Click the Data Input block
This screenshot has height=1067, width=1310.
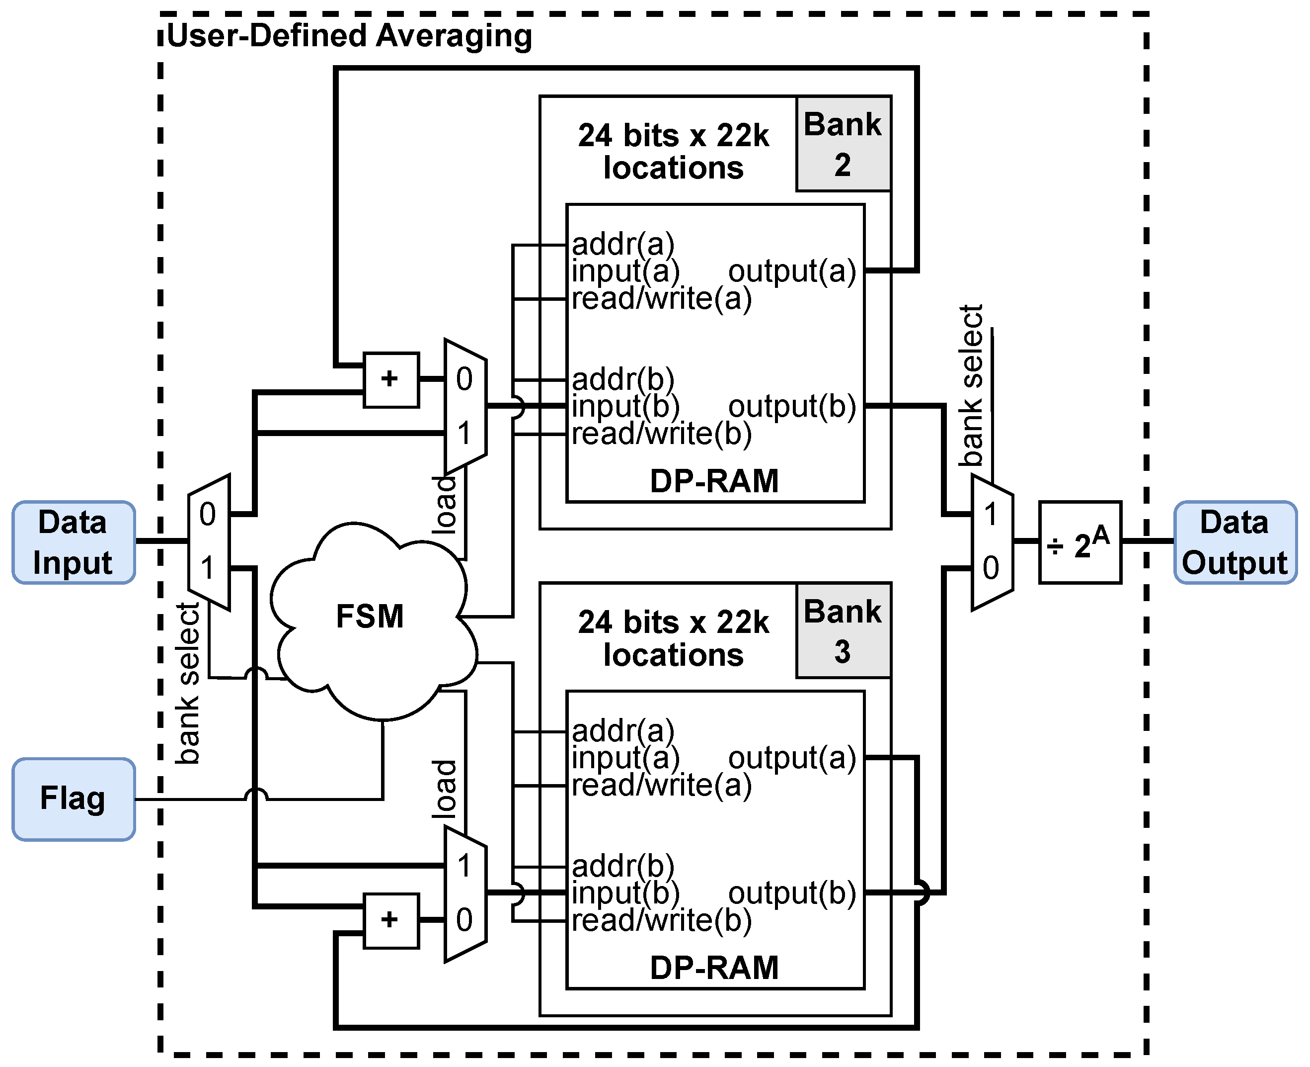[73, 542]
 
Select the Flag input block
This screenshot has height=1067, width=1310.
[73, 799]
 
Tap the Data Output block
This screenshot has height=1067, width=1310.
[1234, 542]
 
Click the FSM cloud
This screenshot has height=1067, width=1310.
[370, 617]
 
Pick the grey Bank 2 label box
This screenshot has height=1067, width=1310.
[843, 144]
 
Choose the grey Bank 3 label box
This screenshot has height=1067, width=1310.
[843, 630]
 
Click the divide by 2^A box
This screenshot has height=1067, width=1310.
[1079, 542]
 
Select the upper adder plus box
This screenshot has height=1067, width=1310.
[390, 379]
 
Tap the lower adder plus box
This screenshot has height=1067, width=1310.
[390, 920]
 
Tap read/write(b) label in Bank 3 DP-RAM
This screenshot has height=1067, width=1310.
[661, 920]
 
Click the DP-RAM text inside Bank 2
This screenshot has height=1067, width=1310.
[714, 481]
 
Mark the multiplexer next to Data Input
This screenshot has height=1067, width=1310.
[209, 542]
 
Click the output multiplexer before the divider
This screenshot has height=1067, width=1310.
[991, 542]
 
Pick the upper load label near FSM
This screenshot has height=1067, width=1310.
[445, 504]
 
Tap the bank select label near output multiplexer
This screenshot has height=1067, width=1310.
[972, 385]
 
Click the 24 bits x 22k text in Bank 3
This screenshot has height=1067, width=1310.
[673, 622]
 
